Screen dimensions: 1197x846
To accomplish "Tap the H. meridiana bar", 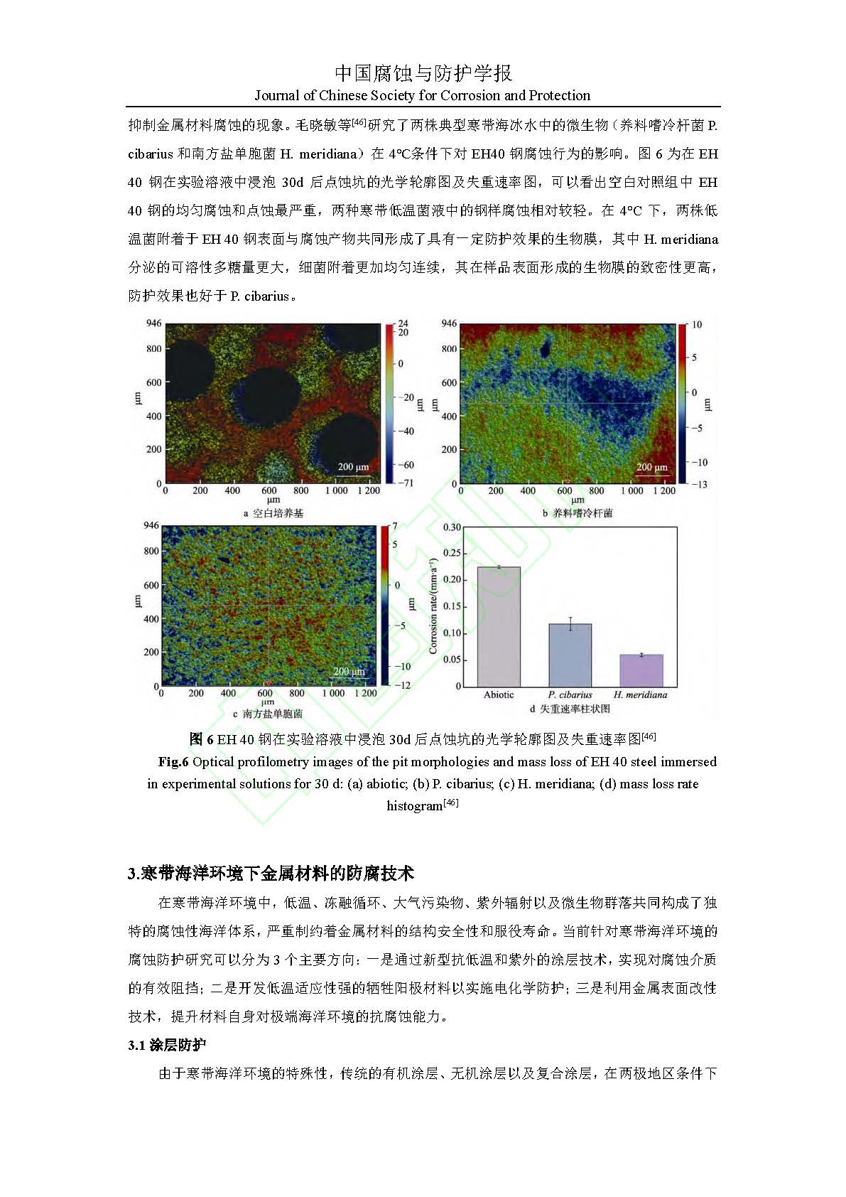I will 641,670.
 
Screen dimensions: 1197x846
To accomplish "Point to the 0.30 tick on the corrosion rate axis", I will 452,527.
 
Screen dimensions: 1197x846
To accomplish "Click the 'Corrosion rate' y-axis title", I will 433,606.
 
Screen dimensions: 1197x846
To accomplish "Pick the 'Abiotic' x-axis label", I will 498,694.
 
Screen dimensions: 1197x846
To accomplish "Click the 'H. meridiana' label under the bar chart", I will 641,694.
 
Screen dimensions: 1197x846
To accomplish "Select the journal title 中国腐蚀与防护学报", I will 423,73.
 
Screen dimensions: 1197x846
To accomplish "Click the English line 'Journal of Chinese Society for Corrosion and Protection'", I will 423,95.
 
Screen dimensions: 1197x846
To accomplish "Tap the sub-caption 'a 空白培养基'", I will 273,512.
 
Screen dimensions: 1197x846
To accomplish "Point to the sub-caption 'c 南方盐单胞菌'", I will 268,713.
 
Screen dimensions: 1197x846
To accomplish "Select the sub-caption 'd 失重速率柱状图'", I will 570,709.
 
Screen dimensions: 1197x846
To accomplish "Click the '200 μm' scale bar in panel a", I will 353,467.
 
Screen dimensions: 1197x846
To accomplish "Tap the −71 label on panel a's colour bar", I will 406,483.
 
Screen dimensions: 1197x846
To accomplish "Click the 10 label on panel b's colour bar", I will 696,325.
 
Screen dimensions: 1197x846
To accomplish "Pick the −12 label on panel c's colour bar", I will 403,685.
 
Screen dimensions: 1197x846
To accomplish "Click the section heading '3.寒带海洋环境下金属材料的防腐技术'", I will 271,873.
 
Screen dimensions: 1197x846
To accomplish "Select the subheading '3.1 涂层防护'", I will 167,1045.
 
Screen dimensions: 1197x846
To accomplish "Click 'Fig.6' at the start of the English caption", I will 173,762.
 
